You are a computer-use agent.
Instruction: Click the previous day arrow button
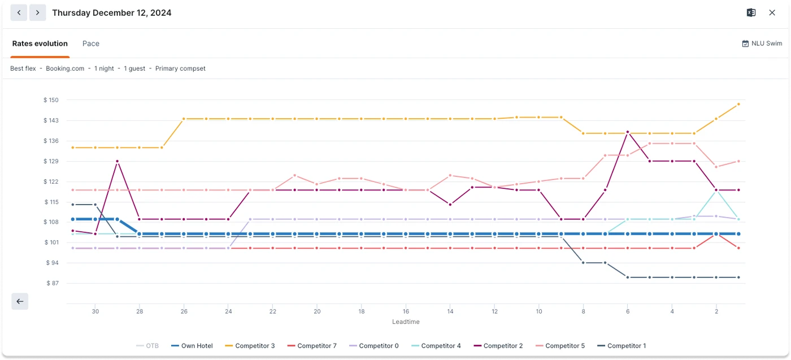point(19,12)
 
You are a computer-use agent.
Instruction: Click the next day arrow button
point(38,12)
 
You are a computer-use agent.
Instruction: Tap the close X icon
point(772,12)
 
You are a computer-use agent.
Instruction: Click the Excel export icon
point(751,12)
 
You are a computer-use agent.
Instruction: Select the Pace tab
point(91,44)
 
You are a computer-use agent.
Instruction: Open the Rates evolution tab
point(40,44)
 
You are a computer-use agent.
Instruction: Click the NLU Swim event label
point(762,44)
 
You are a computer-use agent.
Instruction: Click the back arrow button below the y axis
point(20,301)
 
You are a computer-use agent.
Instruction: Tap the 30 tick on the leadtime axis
point(95,311)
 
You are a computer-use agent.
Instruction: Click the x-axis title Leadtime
point(406,322)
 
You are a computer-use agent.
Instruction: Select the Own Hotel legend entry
point(192,346)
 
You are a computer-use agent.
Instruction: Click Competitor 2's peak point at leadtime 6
point(628,132)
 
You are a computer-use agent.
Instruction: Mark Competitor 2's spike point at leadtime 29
point(118,161)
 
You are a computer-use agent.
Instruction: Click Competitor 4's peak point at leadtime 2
point(716,190)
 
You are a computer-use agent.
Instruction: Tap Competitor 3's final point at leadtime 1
point(738,104)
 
